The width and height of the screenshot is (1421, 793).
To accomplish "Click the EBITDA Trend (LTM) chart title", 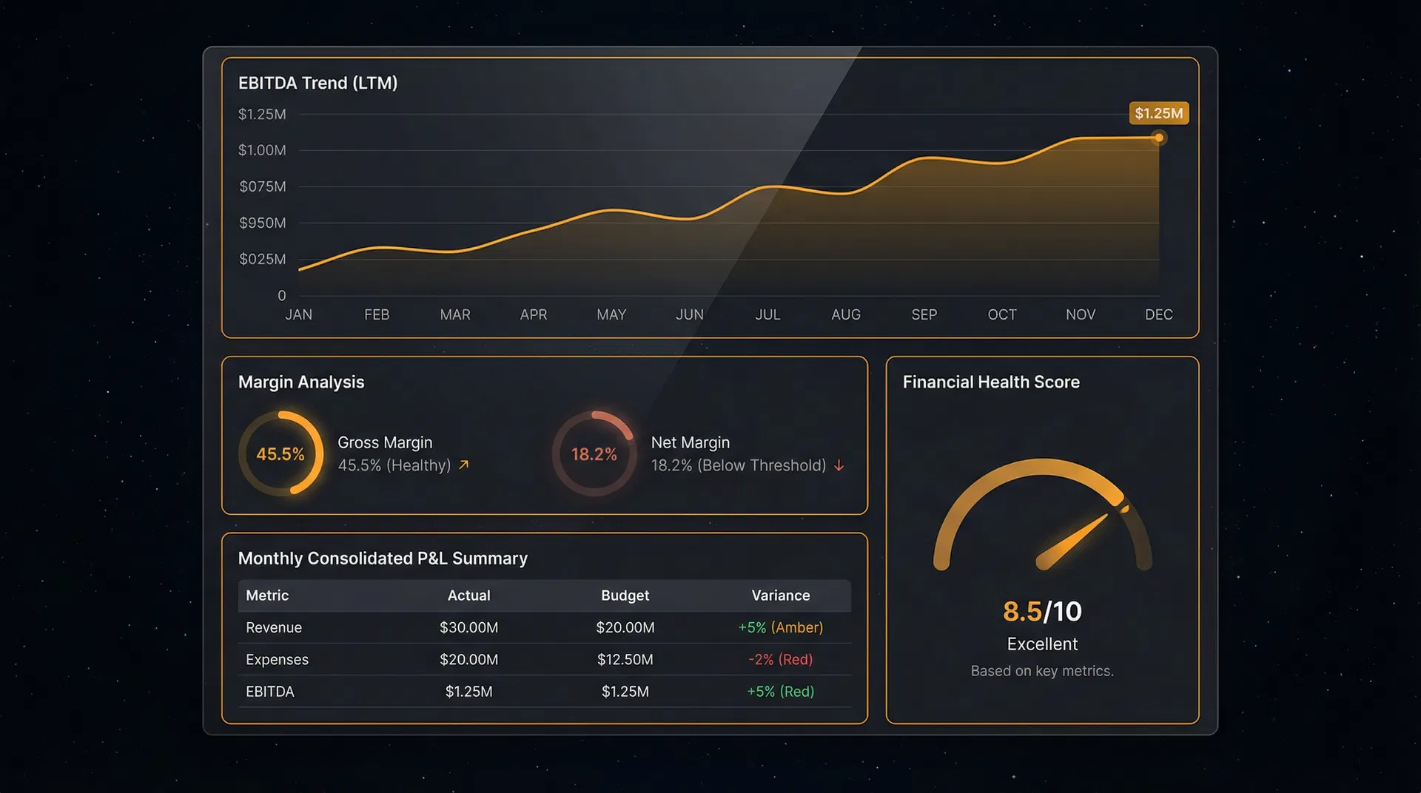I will tap(318, 83).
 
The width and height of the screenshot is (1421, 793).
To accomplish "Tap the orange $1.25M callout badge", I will tap(1158, 113).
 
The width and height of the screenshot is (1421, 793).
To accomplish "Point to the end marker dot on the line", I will tap(1159, 138).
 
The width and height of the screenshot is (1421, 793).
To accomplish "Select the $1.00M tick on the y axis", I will tap(262, 150).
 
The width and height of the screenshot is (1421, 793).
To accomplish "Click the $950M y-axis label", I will tap(262, 223).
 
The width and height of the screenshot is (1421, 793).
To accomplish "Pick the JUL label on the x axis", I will tap(767, 314).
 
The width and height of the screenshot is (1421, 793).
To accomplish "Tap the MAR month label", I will tap(454, 314).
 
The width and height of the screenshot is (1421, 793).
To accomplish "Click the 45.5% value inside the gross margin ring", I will tap(280, 454).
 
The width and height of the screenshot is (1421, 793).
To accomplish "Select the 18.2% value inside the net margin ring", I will tap(594, 454).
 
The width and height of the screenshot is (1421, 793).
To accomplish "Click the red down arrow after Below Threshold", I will tap(839, 465).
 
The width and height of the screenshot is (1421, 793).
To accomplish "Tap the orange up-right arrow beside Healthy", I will tap(464, 465).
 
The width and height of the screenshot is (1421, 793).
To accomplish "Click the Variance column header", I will tap(780, 595).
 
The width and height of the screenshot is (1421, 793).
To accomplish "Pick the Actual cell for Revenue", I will tap(468, 627).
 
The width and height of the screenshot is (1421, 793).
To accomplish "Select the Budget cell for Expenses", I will tap(625, 659).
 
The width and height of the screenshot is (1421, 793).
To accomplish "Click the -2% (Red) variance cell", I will tap(780, 659).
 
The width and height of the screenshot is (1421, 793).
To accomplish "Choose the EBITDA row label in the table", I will tap(269, 692).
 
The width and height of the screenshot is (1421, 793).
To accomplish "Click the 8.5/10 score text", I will tap(1041, 612).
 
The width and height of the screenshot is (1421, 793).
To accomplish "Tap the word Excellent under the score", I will tap(1041, 644).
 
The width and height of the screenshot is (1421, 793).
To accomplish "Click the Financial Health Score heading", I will tap(990, 382).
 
